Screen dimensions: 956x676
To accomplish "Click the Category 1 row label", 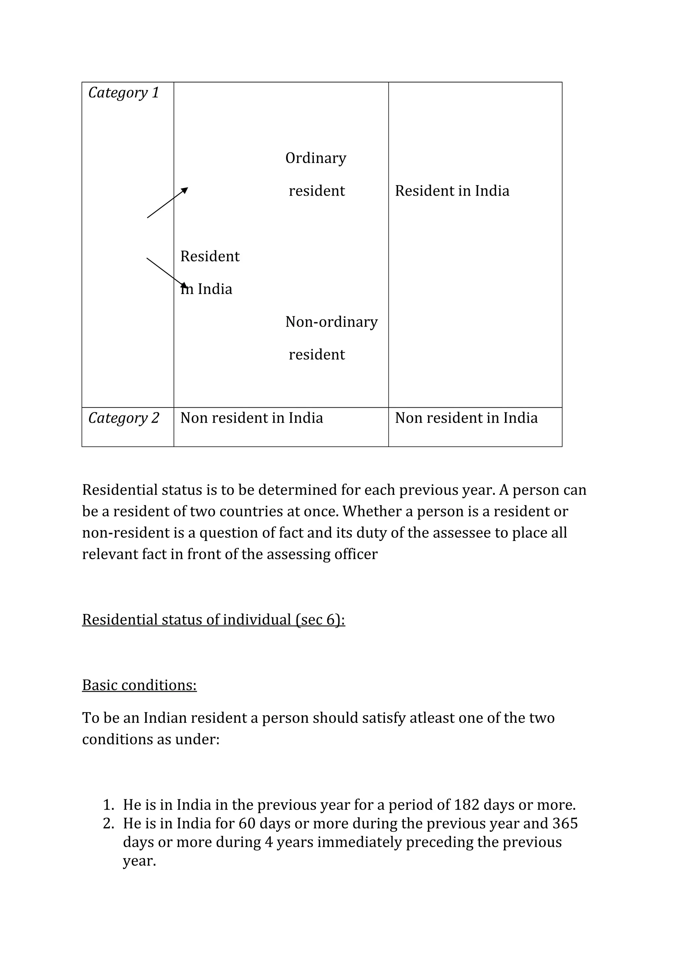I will [x=124, y=93].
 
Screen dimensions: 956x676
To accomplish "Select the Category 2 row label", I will [x=124, y=418].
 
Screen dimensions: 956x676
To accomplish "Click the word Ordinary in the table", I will [x=316, y=158].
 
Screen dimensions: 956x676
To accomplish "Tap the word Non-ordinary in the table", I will [x=331, y=322].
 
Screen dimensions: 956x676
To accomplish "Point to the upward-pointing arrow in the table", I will [x=167, y=202].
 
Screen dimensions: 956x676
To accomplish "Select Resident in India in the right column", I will [x=452, y=191].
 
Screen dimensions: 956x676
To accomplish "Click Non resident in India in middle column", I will [x=251, y=418].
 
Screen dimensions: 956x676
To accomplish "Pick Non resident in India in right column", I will [x=466, y=418].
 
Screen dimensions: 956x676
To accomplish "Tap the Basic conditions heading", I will [x=139, y=685].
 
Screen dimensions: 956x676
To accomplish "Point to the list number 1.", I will [x=108, y=805].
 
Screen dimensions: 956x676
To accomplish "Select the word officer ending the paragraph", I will [x=358, y=554].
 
